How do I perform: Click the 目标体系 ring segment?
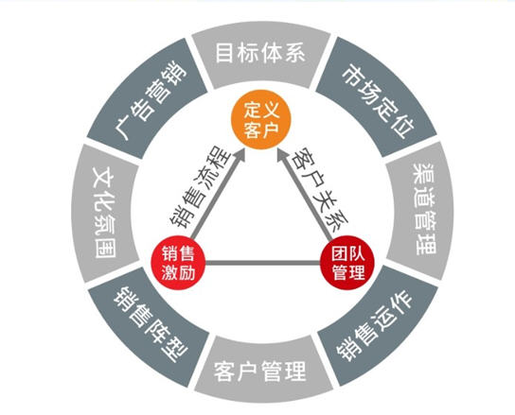coord(261,54)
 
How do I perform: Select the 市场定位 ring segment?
coord(378,96)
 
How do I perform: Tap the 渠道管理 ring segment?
coord(419,210)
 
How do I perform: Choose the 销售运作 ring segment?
coord(378,325)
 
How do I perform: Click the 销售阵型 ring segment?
coord(149,326)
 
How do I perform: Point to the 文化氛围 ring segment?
coord(105,213)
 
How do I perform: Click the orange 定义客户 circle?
coord(261,119)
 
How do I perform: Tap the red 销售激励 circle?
coord(178,263)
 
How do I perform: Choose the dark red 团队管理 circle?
coord(347,263)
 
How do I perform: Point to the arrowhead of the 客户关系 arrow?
coord(283,155)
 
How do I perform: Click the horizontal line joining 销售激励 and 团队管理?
coord(263,263)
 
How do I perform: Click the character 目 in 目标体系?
coord(224,53)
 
